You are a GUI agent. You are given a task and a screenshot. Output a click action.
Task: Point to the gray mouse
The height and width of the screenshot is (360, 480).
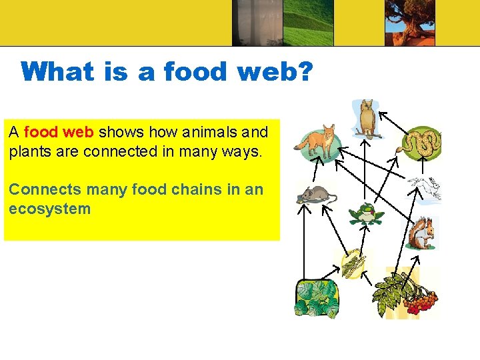click(x=315, y=195)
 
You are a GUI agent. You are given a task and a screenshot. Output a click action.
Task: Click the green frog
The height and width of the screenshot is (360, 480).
click(x=365, y=214)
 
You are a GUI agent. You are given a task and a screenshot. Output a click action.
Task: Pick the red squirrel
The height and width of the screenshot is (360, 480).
click(x=421, y=233)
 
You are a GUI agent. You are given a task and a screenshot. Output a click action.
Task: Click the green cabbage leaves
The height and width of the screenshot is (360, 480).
click(x=316, y=298)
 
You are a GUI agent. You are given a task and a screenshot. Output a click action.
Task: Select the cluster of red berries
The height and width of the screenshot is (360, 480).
click(x=420, y=301)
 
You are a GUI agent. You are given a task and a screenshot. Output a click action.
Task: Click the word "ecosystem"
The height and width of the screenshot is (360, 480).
click(x=49, y=209)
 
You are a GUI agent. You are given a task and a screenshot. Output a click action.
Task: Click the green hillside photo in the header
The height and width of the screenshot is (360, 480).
click(x=308, y=23)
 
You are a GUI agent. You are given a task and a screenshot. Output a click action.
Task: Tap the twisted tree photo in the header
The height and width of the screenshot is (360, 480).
click(x=409, y=23)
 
